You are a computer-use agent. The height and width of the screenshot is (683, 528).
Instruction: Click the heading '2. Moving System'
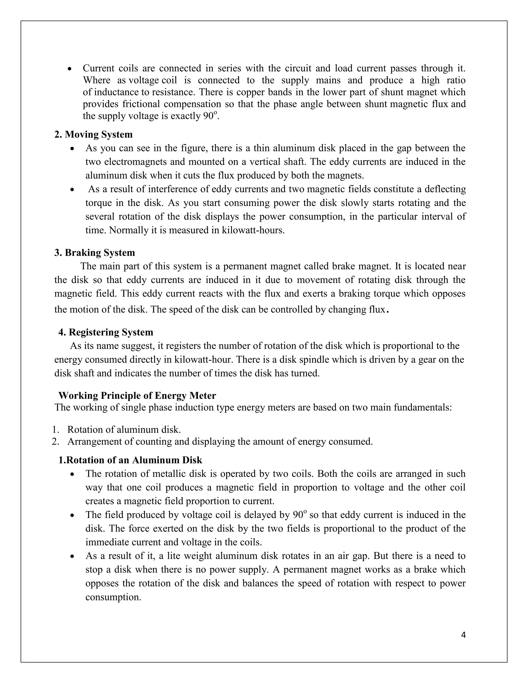click(93, 135)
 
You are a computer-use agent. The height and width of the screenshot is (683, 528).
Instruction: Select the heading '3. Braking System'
click(94, 252)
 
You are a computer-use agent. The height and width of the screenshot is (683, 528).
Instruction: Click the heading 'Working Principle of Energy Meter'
click(137, 395)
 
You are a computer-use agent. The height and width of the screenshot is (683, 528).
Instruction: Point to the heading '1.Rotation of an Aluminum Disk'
click(130, 460)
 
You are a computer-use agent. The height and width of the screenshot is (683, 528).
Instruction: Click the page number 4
click(464, 635)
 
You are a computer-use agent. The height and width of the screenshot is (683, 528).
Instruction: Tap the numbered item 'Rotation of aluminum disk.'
click(124, 429)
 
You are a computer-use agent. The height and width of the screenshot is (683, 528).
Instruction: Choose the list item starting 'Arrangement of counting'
click(220, 441)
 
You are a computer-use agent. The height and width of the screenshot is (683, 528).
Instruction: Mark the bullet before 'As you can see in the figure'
click(72, 148)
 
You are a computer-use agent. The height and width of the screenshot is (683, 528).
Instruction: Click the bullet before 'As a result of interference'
click(72, 189)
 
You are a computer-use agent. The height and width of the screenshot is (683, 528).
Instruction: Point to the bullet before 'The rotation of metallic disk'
click(72, 474)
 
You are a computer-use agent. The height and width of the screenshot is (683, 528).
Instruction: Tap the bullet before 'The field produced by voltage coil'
click(72, 515)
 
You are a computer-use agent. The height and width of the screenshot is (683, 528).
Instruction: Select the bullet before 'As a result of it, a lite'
click(72, 556)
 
